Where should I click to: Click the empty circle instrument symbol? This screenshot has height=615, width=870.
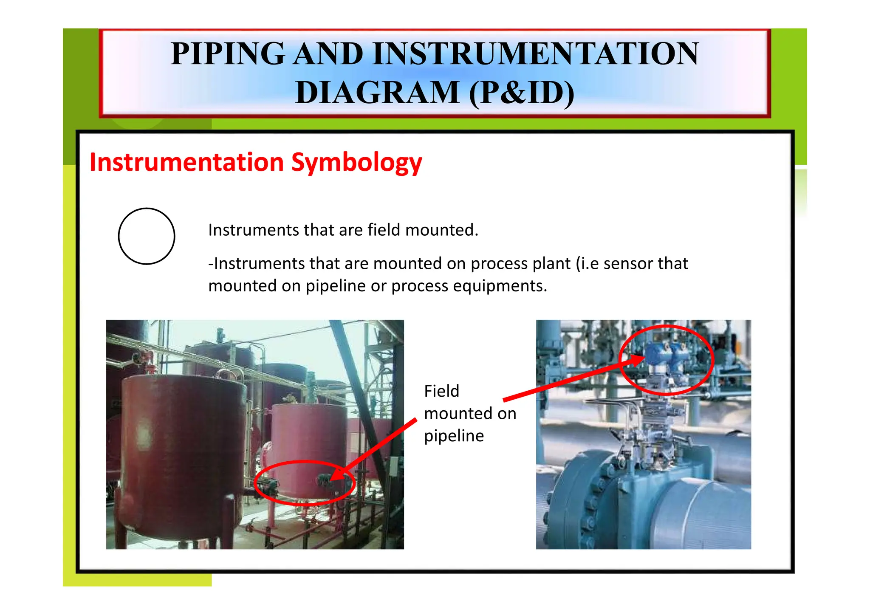(x=147, y=236)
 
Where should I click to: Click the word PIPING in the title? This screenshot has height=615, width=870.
(x=227, y=54)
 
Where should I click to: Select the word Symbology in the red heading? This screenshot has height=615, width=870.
(x=357, y=163)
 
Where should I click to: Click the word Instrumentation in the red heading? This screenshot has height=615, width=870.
(x=186, y=162)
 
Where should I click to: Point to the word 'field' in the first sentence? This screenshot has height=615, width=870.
(x=384, y=230)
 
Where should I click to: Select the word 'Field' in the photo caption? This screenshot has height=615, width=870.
(x=441, y=391)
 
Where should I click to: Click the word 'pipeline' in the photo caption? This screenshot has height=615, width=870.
(x=454, y=436)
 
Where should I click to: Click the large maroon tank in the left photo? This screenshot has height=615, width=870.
(x=183, y=442)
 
